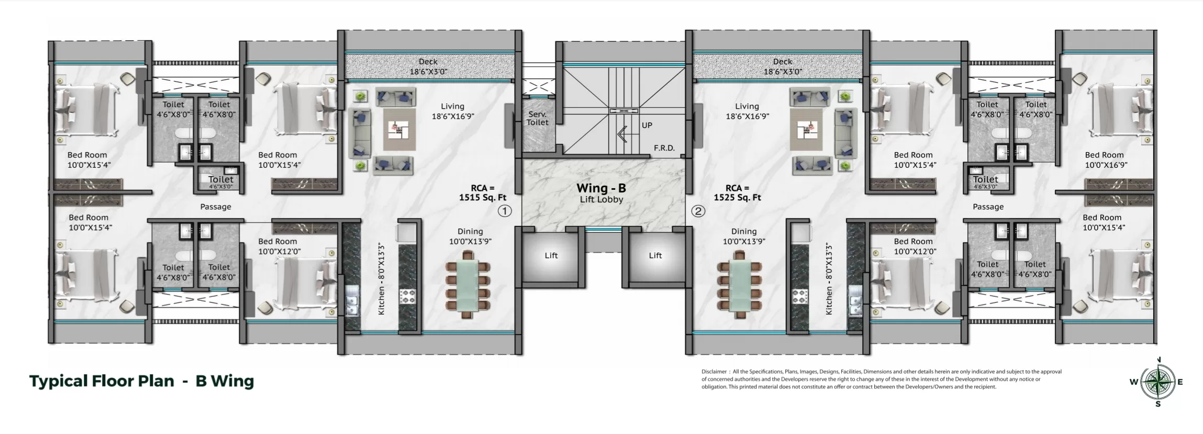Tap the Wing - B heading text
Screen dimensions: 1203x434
pos(601,188)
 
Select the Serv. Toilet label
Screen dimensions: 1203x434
pos(537,118)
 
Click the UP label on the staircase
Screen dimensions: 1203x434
pos(647,125)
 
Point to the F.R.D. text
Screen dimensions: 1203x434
pos(664,148)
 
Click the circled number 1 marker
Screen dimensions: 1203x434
pos(504,211)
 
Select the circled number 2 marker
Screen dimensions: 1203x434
pos(698,211)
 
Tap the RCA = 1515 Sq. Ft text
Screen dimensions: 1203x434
pos(483,192)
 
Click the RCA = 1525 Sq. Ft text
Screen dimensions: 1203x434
pos(737,192)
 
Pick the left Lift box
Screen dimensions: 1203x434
pos(551,256)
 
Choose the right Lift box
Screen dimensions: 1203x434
pos(655,256)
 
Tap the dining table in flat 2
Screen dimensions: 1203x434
pos(739,284)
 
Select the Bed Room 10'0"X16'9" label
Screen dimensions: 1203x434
pos(1104,159)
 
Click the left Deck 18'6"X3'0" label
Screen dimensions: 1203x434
pos(428,67)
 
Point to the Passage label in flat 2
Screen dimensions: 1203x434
pos(988,207)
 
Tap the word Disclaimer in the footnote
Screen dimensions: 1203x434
pos(715,372)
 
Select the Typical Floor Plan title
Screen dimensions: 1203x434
pos(102,381)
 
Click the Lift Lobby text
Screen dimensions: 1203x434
pos(601,200)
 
